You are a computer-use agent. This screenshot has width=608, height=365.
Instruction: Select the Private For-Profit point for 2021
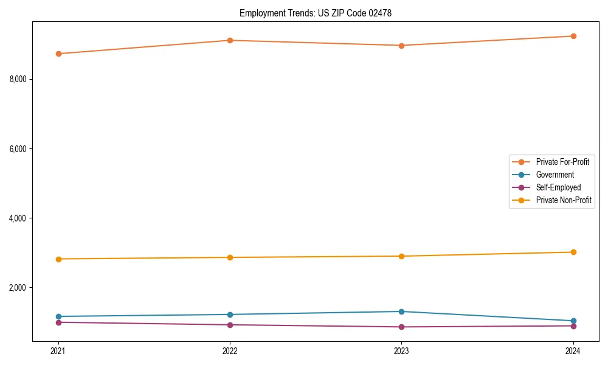pos(58,54)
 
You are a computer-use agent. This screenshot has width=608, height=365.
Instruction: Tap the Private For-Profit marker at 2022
pos(230,40)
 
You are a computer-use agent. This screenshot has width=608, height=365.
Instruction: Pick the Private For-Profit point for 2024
pos(573,36)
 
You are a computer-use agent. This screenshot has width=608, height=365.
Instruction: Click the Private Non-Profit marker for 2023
pos(401,256)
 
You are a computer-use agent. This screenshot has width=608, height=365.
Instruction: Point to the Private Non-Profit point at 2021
pos(58,259)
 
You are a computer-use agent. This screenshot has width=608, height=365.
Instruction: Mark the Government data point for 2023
pos(401,311)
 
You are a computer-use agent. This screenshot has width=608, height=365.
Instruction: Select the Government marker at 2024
pos(573,321)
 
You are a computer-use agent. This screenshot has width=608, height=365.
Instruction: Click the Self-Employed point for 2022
pos(230,325)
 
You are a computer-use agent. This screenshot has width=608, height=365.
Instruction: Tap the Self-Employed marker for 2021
pos(58,322)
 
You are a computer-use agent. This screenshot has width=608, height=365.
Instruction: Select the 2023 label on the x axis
pos(401,350)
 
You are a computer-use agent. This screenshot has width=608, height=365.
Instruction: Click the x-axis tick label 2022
pos(230,350)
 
